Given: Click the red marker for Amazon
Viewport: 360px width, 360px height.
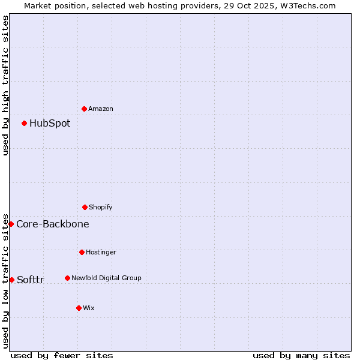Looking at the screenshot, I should click(84, 109).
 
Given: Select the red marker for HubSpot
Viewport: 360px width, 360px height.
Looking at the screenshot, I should click(24, 123).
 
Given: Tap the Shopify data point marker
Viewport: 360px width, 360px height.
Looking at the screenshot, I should click(85, 207).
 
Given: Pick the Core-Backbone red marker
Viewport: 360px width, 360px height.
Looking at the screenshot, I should click(11, 224).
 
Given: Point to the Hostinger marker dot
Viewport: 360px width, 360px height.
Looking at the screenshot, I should click(82, 252).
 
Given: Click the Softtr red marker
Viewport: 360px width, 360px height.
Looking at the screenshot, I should click(11, 280).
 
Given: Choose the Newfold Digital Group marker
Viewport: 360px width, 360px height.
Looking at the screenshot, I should click(67, 278).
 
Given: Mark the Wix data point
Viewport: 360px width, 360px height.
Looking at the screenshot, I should click(79, 308).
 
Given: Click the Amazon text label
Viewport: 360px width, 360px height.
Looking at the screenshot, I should click(101, 109).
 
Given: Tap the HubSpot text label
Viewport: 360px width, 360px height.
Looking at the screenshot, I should click(50, 124).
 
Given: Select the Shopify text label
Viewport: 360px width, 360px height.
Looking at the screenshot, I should click(101, 207).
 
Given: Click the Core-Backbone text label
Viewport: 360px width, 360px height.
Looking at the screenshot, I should click(53, 224).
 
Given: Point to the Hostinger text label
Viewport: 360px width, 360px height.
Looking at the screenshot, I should click(101, 252).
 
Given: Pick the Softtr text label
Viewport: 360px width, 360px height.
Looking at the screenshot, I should click(31, 280).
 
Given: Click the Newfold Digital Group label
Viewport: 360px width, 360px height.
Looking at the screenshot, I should click(106, 278).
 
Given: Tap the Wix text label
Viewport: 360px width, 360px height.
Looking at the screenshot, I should click(89, 308).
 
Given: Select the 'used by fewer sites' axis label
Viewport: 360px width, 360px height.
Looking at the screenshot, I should click(62, 355).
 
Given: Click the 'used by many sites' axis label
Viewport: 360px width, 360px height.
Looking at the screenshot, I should click(301, 355).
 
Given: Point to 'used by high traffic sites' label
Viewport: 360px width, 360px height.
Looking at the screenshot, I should click(5, 85).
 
